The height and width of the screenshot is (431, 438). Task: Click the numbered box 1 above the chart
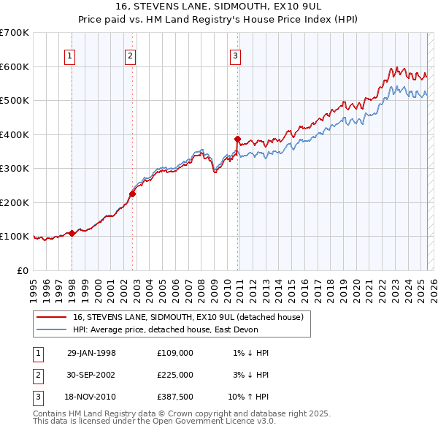pyautogui.click(x=69, y=56)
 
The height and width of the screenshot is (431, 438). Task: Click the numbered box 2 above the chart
pyautogui.click(x=130, y=56)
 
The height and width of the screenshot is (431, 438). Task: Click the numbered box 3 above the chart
pyautogui.click(x=236, y=56)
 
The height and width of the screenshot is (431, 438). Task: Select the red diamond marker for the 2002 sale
pyautogui.click(x=133, y=194)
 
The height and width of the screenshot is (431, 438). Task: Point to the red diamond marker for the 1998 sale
pyautogui.click(x=72, y=234)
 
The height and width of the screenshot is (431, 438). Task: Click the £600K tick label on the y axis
pyautogui.click(x=15, y=66)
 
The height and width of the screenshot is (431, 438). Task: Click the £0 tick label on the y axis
pyautogui.click(x=23, y=270)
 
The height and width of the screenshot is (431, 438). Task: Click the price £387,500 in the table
pyautogui.click(x=175, y=397)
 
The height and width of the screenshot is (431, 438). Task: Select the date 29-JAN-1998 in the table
pyautogui.click(x=91, y=353)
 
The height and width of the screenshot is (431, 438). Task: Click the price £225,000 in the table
pyautogui.click(x=175, y=375)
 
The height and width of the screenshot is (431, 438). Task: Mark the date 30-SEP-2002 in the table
pyautogui.click(x=91, y=375)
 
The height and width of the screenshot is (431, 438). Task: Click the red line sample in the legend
pyautogui.click(x=52, y=317)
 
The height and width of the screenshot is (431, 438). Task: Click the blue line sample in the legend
pyautogui.click(x=52, y=329)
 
